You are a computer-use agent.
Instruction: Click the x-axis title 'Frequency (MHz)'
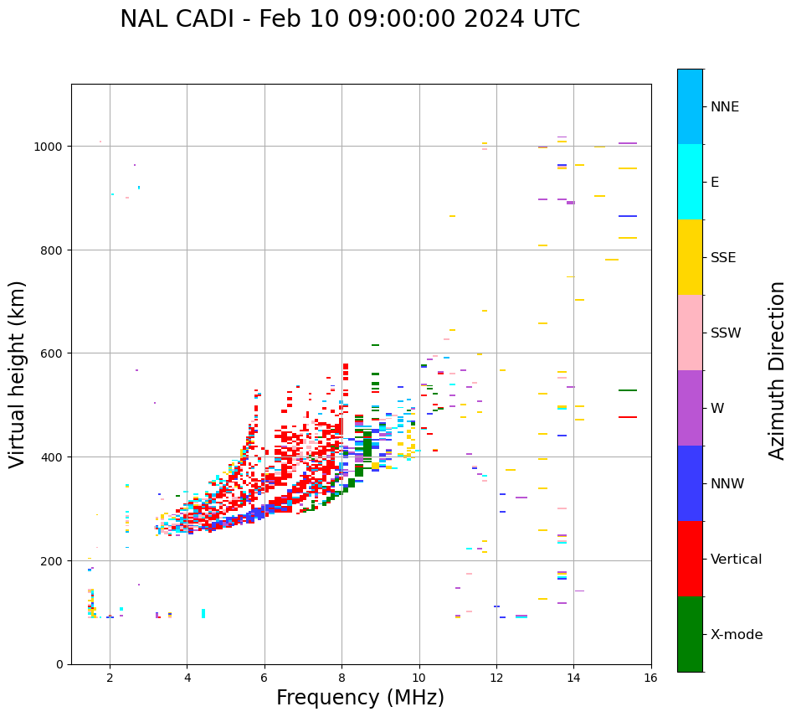pos(360,698)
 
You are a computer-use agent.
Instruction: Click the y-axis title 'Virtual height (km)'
pos(18,374)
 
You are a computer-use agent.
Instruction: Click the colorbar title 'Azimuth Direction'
pos(778,370)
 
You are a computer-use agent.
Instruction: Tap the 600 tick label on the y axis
pos(53,353)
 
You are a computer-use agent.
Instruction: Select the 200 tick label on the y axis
pos(53,560)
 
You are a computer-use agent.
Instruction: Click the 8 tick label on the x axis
pos(342,678)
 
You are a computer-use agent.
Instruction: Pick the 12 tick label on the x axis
pos(496,678)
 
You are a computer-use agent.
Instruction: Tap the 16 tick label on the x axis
pos(651,678)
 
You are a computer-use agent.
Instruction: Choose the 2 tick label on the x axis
pos(110,678)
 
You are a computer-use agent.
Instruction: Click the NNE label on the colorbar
pos(725,107)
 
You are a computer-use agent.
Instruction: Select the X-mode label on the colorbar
pos(737,635)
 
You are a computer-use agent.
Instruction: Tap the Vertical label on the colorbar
pos(737,560)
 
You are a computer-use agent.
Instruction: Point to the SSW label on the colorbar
pos(726,333)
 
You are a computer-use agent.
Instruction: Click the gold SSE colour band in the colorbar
pos(690,257)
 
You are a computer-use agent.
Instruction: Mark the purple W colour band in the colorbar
pos(690,408)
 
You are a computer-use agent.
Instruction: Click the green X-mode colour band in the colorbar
pos(690,634)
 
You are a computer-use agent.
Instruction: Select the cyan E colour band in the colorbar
pos(690,182)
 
